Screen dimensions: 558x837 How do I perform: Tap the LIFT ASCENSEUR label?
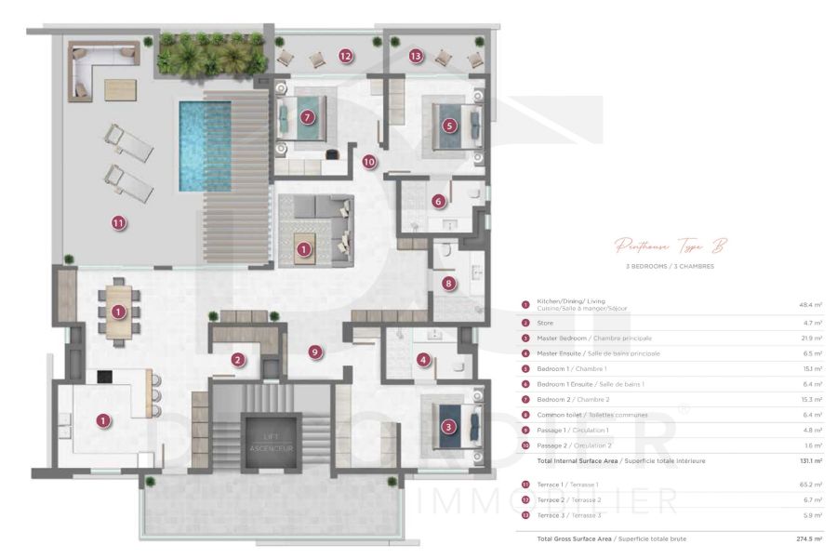[x=270, y=443]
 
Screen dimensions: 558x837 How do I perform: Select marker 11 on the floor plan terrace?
[x=118, y=222]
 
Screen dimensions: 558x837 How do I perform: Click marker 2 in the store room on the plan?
[x=238, y=360]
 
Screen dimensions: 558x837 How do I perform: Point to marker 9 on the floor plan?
[x=315, y=352]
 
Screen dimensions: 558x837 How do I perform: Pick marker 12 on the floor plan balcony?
[x=346, y=56]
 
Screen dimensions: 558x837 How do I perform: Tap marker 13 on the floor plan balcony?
[x=416, y=56]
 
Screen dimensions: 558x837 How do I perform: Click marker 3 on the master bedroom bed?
[x=449, y=427]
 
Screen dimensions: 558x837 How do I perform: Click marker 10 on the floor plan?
[x=369, y=161]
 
